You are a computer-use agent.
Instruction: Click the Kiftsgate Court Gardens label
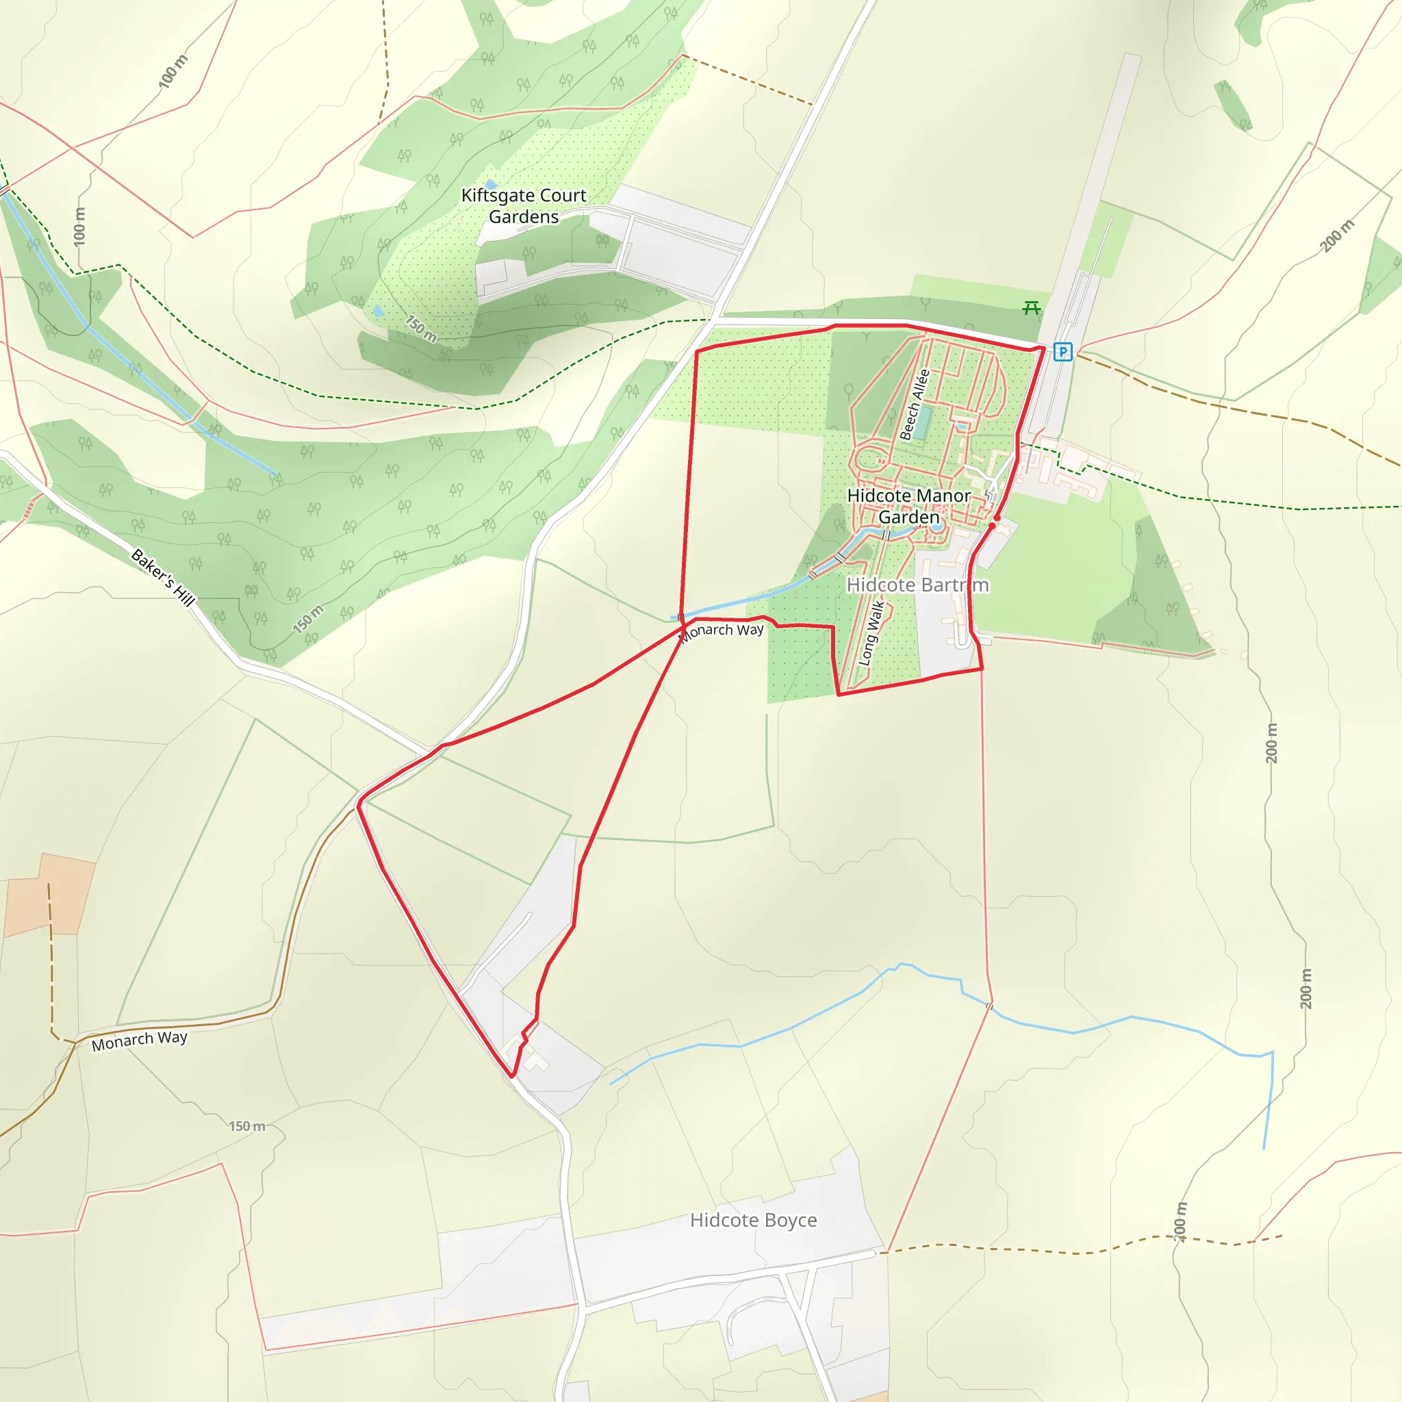click(x=523, y=206)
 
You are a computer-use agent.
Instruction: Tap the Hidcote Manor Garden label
click(x=908, y=506)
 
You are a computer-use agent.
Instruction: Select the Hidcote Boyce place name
click(x=753, y=1220)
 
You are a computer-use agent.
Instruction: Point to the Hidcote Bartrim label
click(x=917, y=585)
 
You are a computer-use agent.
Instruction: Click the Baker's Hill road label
click(x=164, y=578)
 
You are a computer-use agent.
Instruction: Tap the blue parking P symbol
click(x=1062, y=352)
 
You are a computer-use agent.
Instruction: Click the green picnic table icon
click(x=1031, y=309)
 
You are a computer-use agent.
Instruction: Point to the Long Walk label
click(x=871, y=633)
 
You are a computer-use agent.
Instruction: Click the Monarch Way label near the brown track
click(x=140, y=1041)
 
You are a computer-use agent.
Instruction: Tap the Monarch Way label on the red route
click(x=722, y=631)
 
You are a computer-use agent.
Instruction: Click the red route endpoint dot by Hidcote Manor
click(x=996, y=518)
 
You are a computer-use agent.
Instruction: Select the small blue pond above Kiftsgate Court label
click(x=492, y=184)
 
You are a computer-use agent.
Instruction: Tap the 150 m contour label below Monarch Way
click(x=247, y=1126)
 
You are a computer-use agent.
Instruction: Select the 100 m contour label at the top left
click(x=173, y=72)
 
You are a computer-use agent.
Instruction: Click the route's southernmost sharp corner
click(x=512, y=1077)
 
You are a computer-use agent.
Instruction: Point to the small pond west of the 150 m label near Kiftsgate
click(x=378, y=311)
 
